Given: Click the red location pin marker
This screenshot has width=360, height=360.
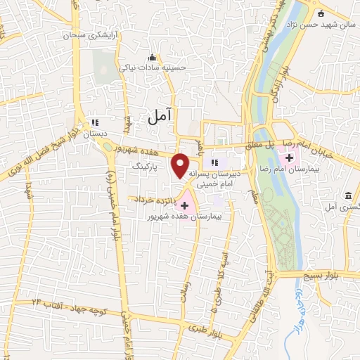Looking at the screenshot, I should [x=181, y=165].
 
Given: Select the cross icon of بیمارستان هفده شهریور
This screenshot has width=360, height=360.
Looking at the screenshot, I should [x=185, y=206].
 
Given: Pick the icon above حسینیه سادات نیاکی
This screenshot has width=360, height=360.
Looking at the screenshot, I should [x=153, y=58].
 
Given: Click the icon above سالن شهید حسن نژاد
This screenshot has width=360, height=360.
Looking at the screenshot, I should [x=321, y=14].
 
